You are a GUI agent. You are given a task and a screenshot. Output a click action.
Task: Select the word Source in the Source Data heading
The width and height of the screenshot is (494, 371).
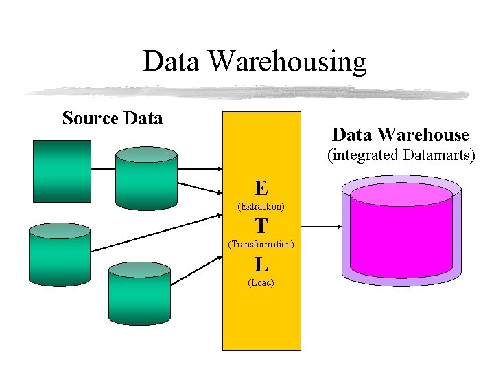pyautogui.click(x=89, y=119)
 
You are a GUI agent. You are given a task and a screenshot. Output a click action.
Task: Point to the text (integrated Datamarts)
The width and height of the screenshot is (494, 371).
pyautogui.click(x=401, y=155)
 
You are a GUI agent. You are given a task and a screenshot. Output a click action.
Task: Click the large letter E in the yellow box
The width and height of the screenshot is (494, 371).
pyautogui.click(x=261, y=188)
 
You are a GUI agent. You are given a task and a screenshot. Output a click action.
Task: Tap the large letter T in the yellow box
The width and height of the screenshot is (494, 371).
pyautogui.click(x=261, y=225)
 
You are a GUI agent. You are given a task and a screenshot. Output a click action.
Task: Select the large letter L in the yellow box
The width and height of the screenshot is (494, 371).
pyautogui.click(x=261, y=264)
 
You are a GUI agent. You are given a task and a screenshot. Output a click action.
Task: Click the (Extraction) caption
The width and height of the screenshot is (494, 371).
pyautogui.click(x=261, y=206)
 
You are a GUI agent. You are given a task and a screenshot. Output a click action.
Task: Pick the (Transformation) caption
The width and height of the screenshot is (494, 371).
pyautogui.click(x=261, y=244)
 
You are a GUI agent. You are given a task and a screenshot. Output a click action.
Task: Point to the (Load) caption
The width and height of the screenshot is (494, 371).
pyautogui.click(x=261, y=282)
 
